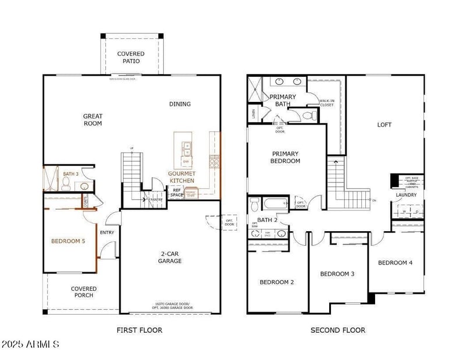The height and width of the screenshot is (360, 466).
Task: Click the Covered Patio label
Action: (130, 58)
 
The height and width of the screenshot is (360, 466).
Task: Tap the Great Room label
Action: (93, 120)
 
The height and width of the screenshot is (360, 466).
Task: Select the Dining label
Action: (180, 104)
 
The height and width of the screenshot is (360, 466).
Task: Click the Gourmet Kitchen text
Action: (181, 177)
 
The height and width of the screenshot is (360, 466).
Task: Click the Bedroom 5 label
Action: (68, 241)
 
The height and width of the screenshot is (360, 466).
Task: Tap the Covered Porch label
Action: (84, 292)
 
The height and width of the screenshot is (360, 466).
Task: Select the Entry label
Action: (107, 232)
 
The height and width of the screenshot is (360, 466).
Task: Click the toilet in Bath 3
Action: (67, 185)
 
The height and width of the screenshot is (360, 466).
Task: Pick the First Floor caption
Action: (139, 330)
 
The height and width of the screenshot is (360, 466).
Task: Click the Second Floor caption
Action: (338, 330)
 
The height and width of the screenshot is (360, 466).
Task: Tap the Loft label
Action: (384, 125)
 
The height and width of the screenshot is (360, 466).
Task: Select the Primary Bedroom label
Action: (285, 157)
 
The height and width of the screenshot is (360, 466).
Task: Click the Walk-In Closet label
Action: (327, 103)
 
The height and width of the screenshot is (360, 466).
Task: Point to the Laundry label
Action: (406, 195)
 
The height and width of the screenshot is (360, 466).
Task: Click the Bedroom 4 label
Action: (395, 263)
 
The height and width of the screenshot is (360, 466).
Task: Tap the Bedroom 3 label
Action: (337, 274)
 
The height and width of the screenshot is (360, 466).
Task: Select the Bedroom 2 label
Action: (277, 282)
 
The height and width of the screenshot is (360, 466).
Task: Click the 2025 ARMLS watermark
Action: (30, 344)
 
